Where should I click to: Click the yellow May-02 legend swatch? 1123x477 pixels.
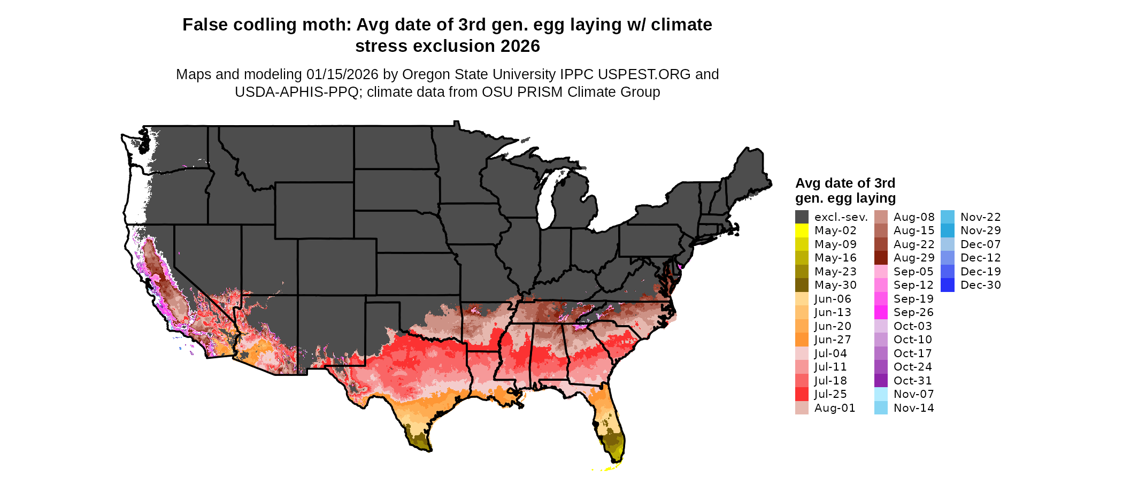pos(802,230)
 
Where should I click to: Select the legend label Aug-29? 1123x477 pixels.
pos(914,258)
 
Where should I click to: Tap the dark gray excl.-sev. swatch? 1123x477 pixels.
pos(802,217)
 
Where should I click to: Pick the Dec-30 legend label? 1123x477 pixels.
pos(980,285)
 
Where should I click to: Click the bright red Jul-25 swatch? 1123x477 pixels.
pos(802,394)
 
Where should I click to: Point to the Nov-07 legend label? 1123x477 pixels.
pos(913,394)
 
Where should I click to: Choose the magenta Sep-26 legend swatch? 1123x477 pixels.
pos(881,312)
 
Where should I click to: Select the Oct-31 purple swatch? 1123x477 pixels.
pos(881,381)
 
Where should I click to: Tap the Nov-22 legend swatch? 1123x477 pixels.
pos(947,217)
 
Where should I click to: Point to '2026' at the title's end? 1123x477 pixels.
pos(520,47)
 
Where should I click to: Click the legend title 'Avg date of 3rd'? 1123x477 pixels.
pos(845,183)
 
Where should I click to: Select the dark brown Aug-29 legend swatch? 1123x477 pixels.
pos(881,258)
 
